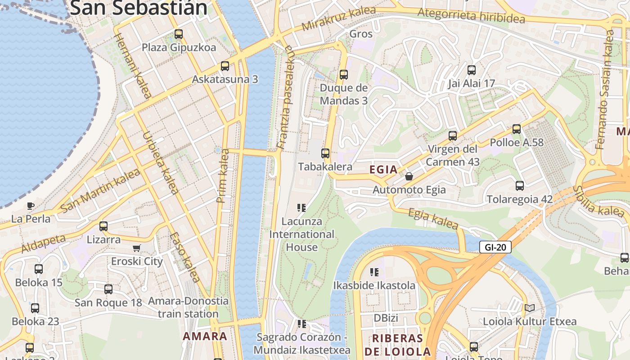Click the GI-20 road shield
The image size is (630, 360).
[x=495, y=247]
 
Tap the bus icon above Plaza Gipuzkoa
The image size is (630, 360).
[x=179, y=34]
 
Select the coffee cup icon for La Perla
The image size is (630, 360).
[x=30, y=206]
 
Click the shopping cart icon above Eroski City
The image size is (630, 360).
[x=137, y=248]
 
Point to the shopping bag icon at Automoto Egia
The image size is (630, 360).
[x=409, y=176]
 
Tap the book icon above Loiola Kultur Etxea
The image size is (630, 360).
[x=529, y=308]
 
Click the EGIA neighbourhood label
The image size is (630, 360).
[x=383, y=170]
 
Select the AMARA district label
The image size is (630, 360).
[x=205, y=336]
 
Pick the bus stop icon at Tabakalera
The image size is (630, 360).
[x=325, y=153]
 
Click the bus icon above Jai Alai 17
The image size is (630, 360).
[x=471, y=70]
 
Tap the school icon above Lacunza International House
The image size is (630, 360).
[x=301, y=208]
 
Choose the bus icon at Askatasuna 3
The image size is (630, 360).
[x=225, y=66]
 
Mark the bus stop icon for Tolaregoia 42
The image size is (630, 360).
[x=520, y=186]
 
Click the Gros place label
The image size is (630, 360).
[x=361, y=34]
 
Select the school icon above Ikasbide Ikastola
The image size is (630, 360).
[x=374, y=272]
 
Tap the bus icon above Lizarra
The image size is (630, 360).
[x=103, y=226]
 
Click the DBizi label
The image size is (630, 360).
[x=386, y=318]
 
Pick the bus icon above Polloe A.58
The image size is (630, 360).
[x=516, y=129]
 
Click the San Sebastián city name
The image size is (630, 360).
[x=139, y=8]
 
